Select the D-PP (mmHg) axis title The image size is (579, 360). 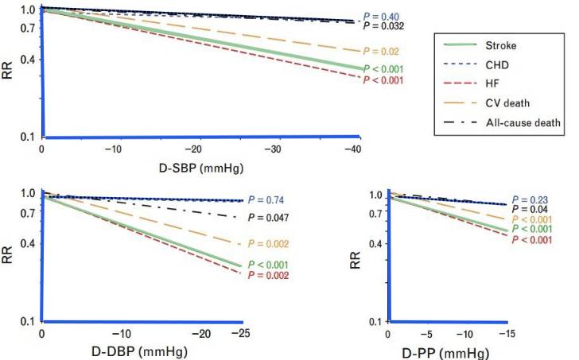pos(452,349)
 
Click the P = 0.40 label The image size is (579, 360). pos(380,17)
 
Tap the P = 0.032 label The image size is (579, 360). pos(383,27)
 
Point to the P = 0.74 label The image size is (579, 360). pos(265,200)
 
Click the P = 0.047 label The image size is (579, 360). pos(268,217)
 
